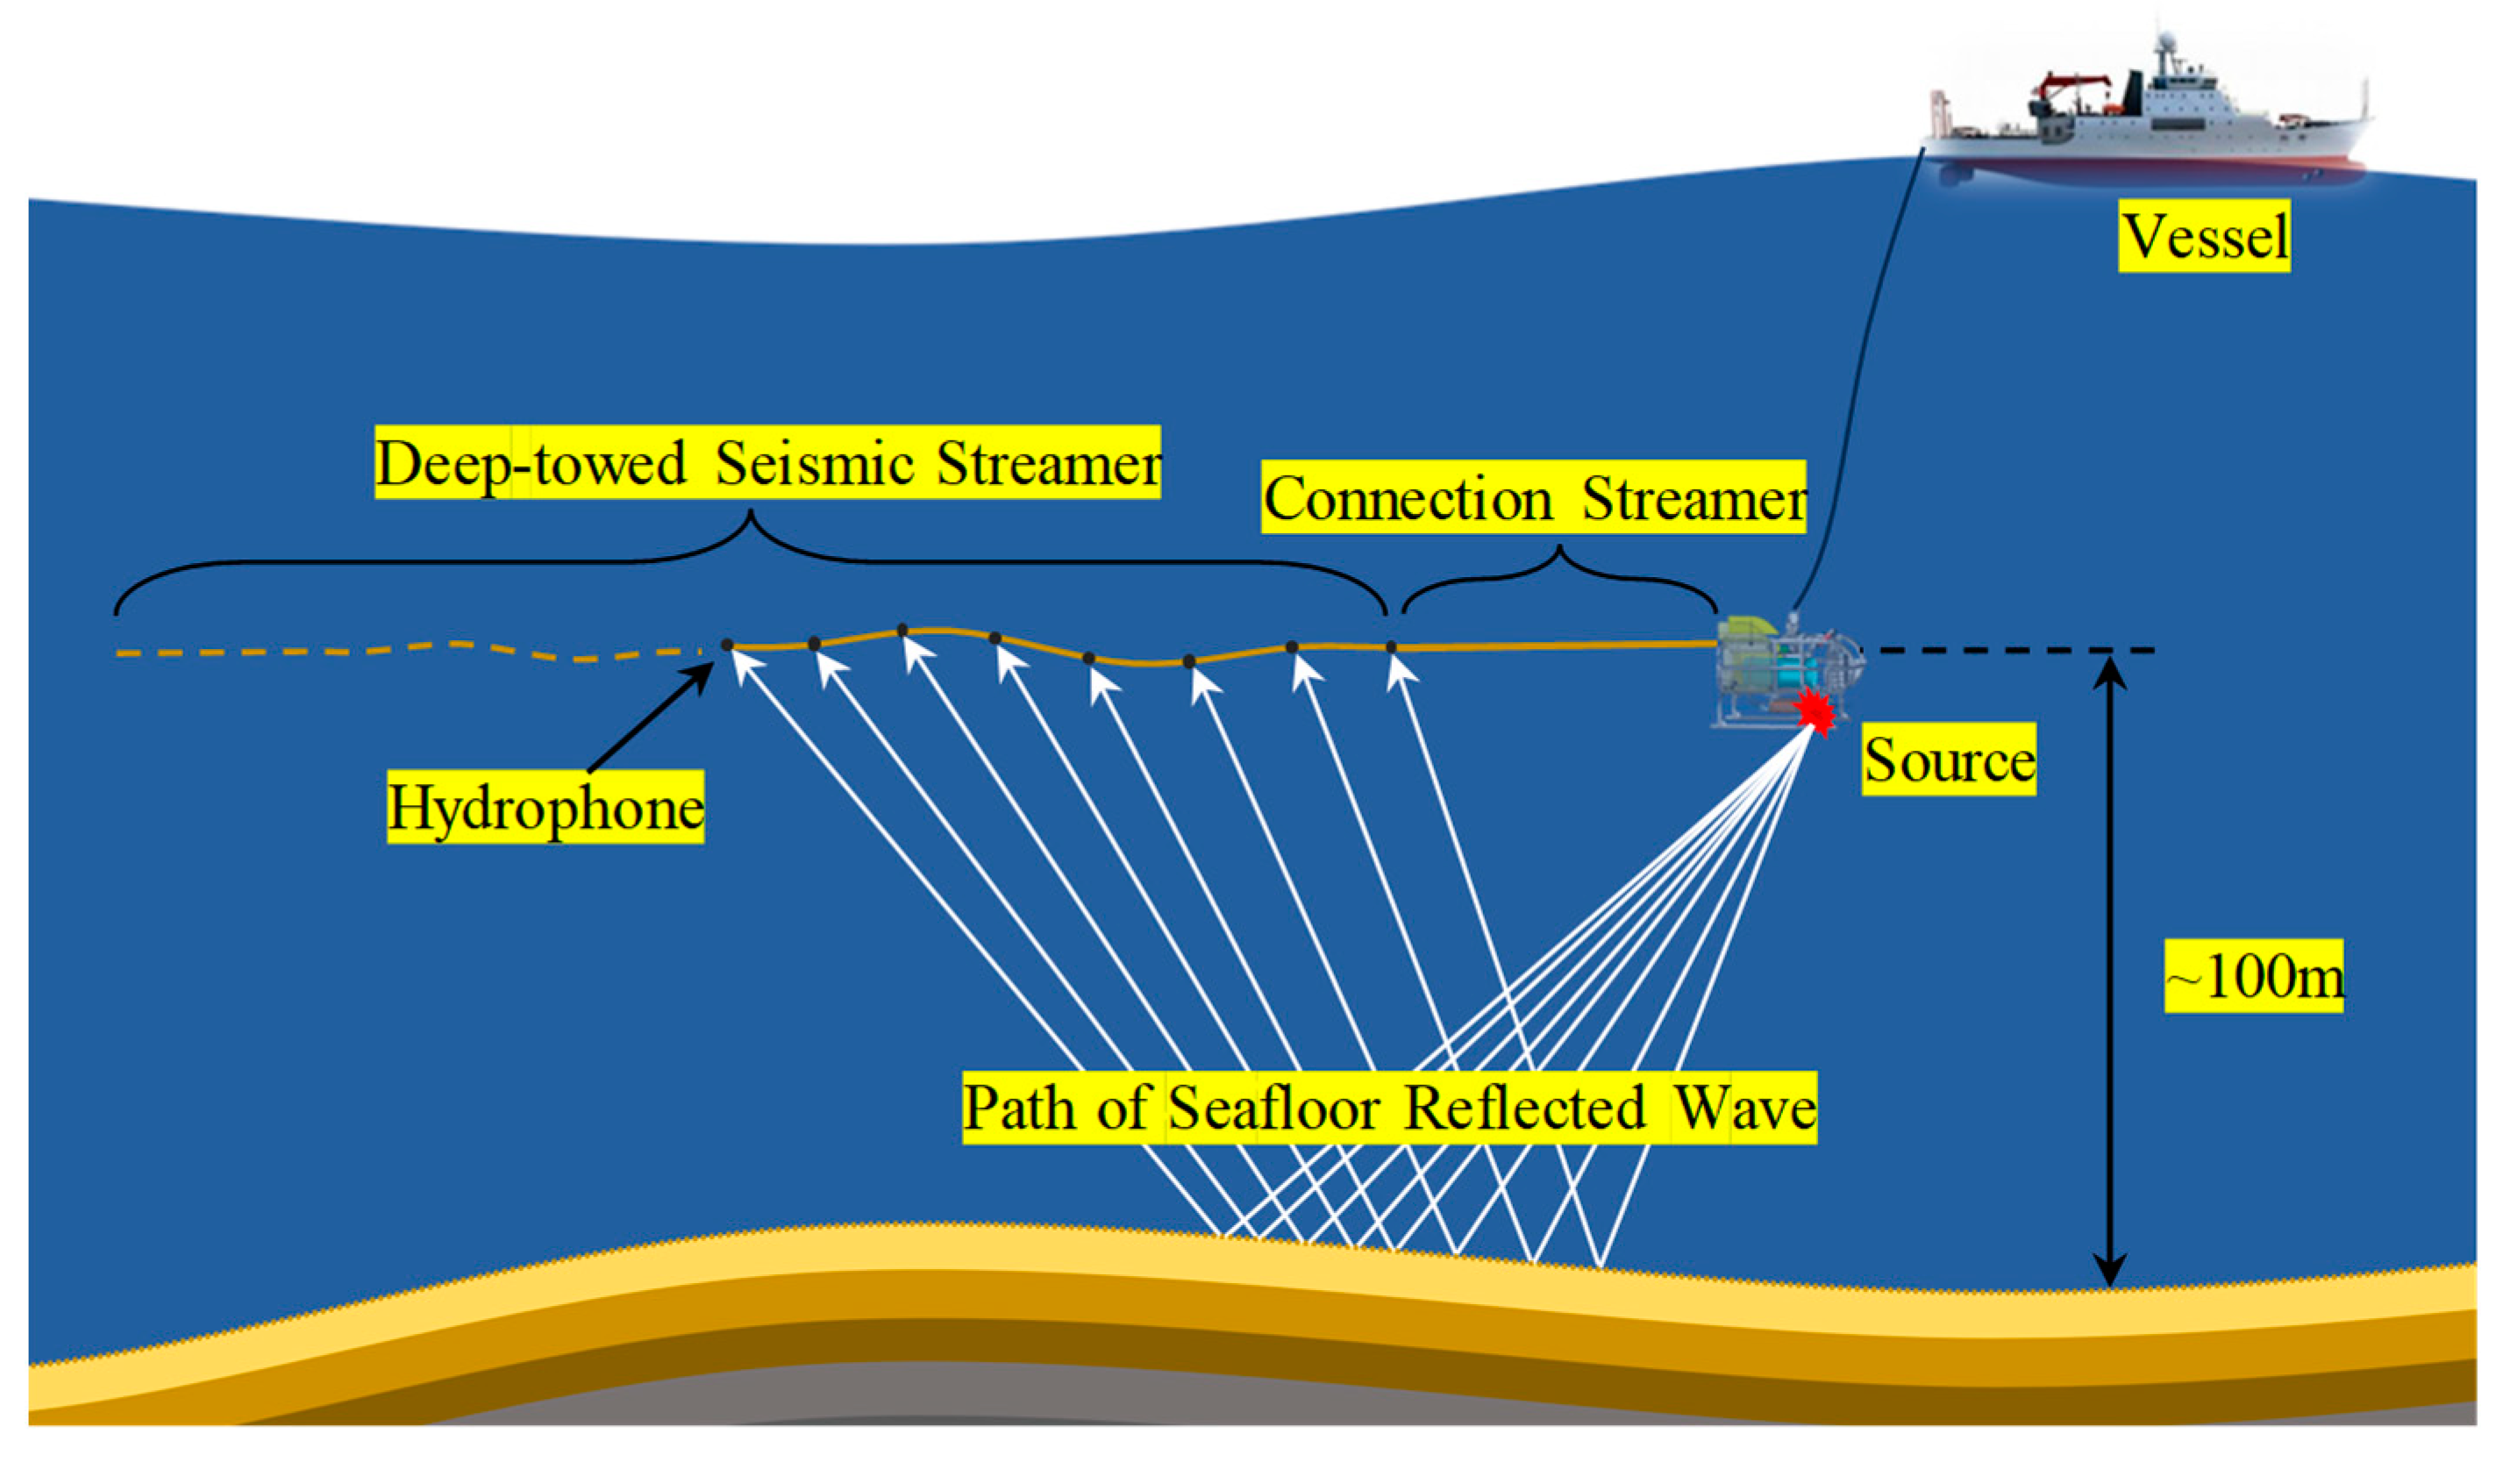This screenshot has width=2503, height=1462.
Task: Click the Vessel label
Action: pos(2204,237)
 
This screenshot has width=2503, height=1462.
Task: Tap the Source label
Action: pos(1949,760)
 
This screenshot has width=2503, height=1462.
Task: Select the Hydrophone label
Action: pos(546,807)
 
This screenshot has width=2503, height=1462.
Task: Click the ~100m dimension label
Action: pos(2254,976)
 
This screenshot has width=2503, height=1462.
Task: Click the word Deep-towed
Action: pos(531,463)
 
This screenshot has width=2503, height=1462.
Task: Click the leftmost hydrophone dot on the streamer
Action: pos(727,645)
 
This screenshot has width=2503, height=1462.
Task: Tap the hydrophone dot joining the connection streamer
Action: pos(1391,647)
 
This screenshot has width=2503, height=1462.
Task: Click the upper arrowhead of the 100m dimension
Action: pos(2110,669)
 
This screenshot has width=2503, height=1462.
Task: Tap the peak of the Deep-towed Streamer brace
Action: pos(751,516)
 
